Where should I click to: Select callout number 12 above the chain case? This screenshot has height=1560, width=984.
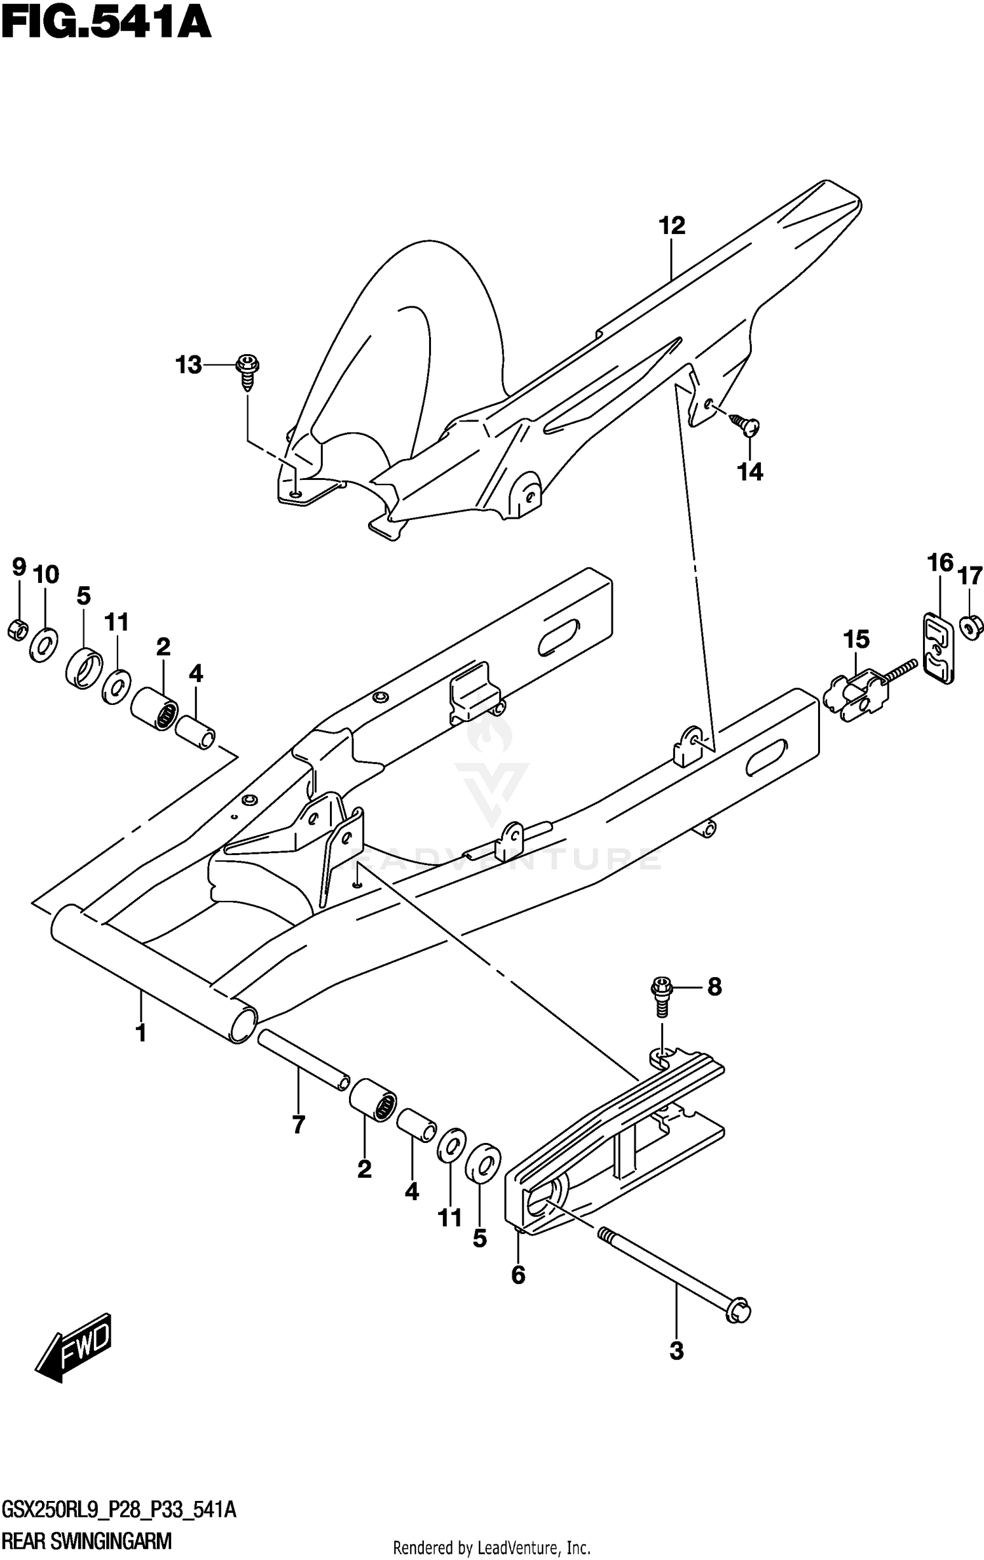pos(672,226)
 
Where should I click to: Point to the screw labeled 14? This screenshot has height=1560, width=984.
pos(746,424)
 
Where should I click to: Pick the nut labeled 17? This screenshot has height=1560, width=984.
pos(970,627)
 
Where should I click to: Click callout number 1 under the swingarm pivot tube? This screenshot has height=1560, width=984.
pos(140,1033)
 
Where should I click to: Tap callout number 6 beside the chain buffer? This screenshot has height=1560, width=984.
pos(518,1275)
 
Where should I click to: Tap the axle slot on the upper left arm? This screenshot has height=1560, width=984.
pos(559,637)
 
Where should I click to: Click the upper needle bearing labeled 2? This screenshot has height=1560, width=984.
pos(155,708)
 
